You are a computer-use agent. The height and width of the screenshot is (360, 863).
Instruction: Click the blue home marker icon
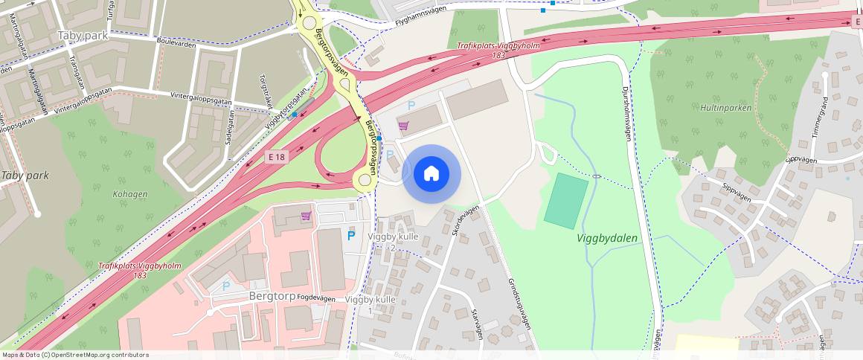[431, 174]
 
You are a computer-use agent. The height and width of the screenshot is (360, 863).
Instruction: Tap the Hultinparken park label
[725, 108]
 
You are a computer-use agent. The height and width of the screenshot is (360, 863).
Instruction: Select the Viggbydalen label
[607, 238]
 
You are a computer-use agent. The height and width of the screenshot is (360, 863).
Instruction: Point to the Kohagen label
[130, 194]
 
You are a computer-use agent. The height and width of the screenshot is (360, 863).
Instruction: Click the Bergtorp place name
[264, 295]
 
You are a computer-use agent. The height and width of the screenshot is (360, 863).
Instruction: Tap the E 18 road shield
[277, 156]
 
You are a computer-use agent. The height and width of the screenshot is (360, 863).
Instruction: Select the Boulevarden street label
[176, 44]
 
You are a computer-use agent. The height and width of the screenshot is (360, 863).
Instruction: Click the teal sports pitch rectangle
[565, 200]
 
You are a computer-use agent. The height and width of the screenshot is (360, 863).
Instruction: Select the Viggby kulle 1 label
[370, 304]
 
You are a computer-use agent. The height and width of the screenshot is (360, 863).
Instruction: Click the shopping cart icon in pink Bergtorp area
[305, 216]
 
